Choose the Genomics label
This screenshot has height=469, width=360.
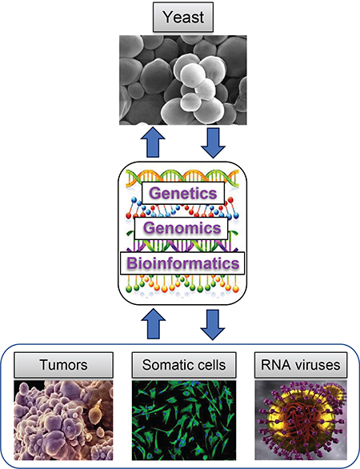click(x=178, y=229)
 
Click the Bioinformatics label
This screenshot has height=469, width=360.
click(x=178, y=263)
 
